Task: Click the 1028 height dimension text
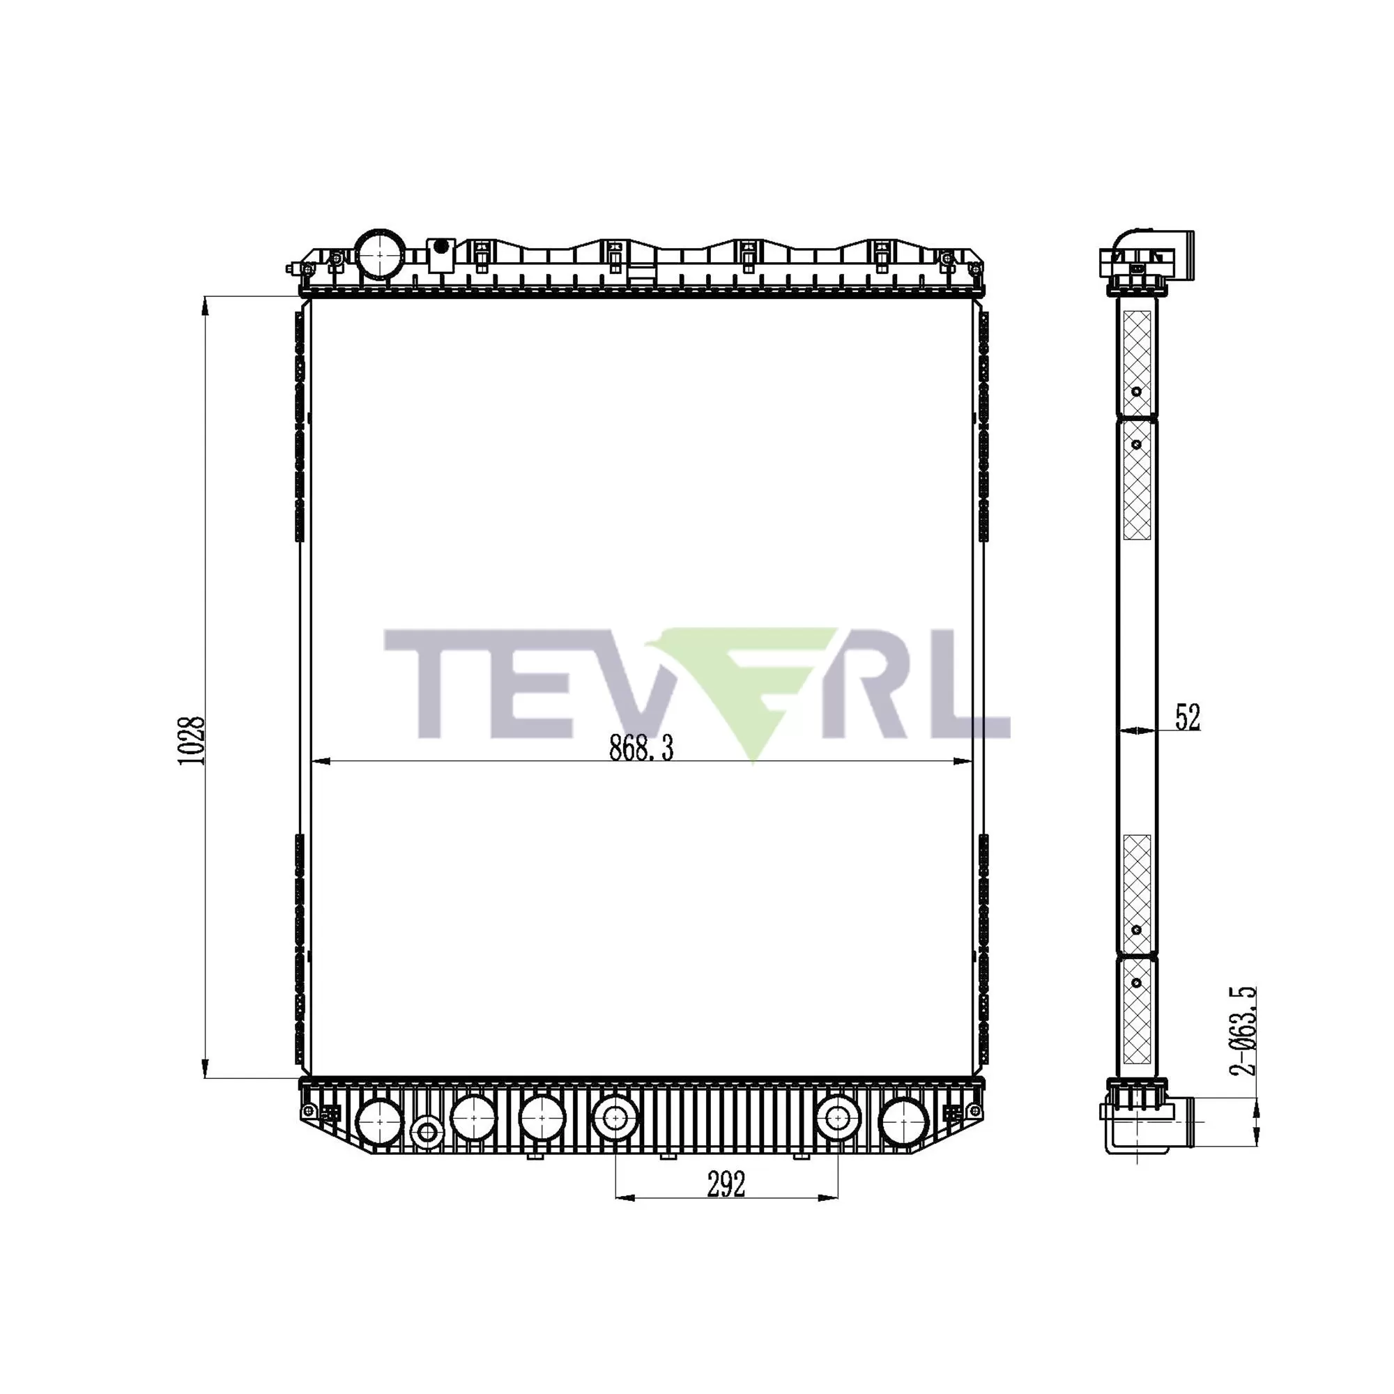coord(192,741)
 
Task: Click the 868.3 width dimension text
coord(641,749)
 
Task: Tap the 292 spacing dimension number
coord(725,1184)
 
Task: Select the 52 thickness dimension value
coord(1187,717)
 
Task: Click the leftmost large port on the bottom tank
coord(380,1123)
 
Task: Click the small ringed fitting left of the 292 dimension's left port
coord(427,1131)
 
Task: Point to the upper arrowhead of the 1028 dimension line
coord(206,306)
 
